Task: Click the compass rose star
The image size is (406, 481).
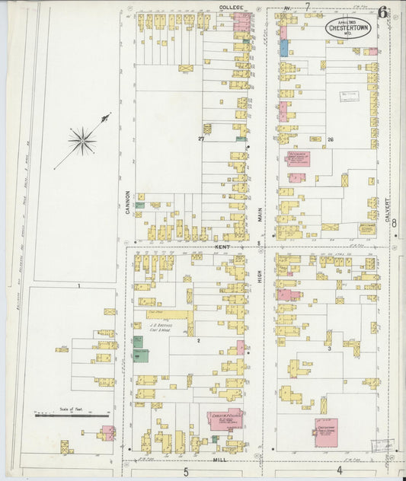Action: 82,140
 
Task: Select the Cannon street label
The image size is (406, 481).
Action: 128,201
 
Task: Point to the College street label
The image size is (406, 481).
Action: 230,7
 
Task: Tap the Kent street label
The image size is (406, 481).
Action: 222,247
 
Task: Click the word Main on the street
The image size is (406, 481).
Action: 260,216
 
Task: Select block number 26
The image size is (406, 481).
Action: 331,140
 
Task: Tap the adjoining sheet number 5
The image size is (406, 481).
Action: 185,472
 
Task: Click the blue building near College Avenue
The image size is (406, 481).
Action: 283,48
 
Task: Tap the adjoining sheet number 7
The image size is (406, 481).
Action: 307,7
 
